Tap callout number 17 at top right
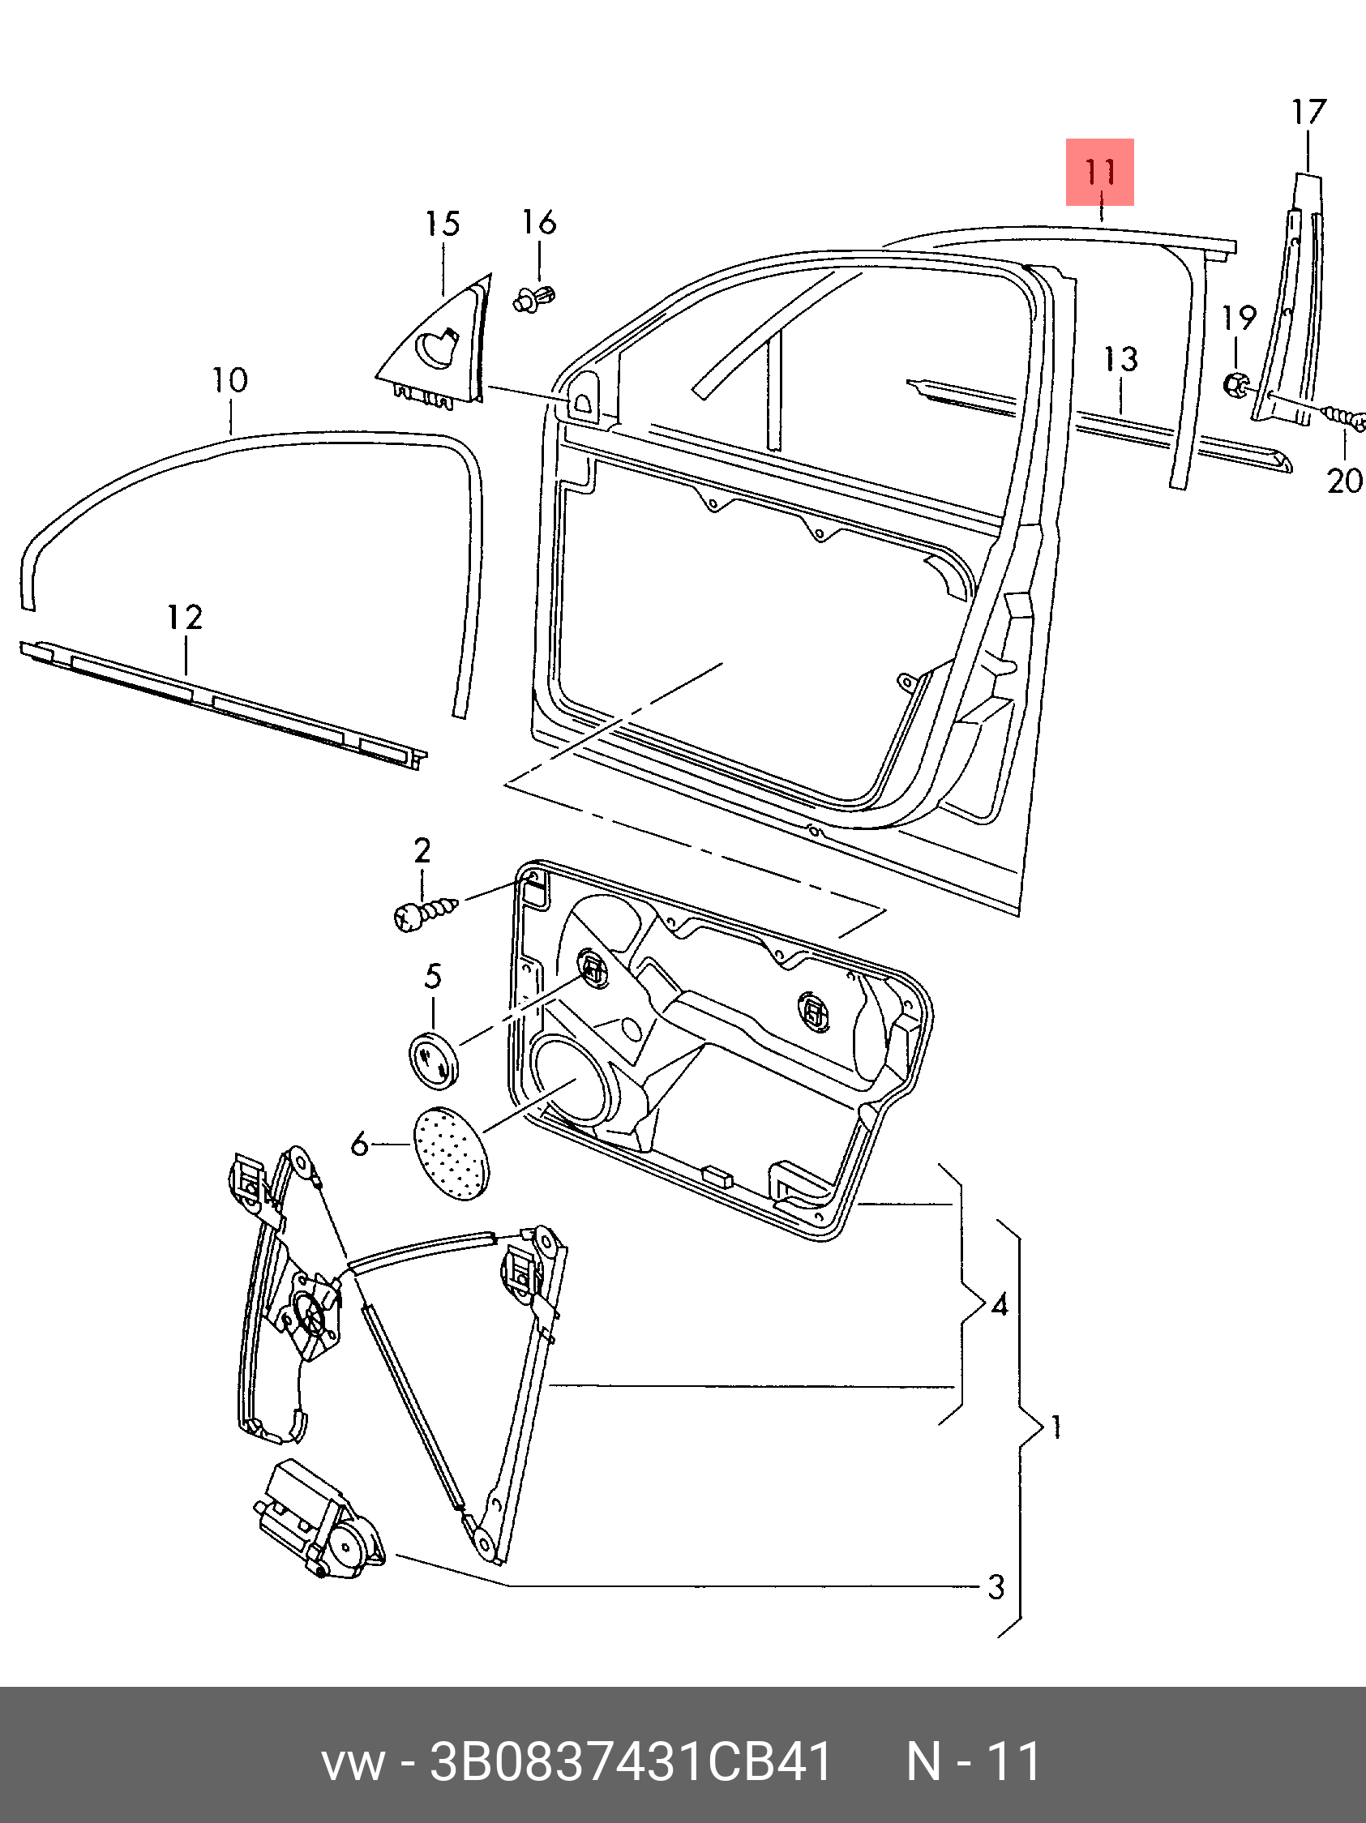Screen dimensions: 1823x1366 click(1308, 113)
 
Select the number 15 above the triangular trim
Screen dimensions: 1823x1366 click(442, 225)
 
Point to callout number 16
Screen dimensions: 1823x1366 click(539, 223)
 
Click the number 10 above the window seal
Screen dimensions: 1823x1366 click(229, 381)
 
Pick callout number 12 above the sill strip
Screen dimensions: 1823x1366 click(185, 618)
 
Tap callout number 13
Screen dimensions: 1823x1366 click(1121, 359)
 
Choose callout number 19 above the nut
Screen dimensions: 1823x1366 click(1238, 318)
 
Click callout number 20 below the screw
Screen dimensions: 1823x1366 click(1344, 481)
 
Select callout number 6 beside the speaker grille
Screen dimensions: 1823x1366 click(359, 1144)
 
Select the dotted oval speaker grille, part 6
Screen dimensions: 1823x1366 click(449, 1153)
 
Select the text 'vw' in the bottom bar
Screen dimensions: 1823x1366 click(352, 1762)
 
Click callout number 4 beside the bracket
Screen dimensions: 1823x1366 click(999, 1304)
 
